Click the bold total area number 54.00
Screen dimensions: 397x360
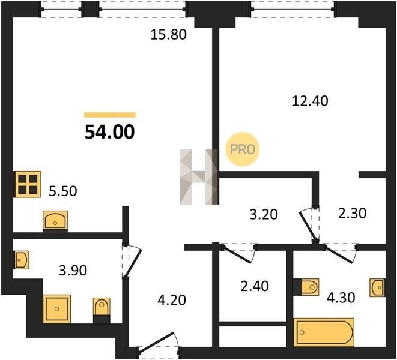(x=110, y=133)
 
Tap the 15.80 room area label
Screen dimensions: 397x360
(x=168, y=35)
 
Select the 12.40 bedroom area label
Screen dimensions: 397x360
(x=310, y=101)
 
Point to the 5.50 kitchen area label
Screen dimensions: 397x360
(x=63, y=191)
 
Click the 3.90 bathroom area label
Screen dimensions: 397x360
(x=73, y=271)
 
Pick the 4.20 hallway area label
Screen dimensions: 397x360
(x=172, y=300)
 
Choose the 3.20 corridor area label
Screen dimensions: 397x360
(x=264, y=215)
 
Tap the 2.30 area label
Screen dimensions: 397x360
(x=352, y=213)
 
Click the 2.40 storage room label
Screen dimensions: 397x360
(x=255, y=286)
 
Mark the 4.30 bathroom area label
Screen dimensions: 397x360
(x=341, y=298)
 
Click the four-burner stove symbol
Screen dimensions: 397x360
(x=28, y=184)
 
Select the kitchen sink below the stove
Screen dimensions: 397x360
(x=55, y=220)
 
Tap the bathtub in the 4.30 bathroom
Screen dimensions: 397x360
(x=324, y=332)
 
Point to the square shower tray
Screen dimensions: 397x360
(x=56, y=309)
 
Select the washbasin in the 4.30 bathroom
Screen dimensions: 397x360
(x=377, y=287)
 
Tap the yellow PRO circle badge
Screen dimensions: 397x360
(x=242, y=149)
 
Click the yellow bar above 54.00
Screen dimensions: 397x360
(x=110, y=115)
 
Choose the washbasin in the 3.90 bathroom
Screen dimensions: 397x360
(x=22, y=260)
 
